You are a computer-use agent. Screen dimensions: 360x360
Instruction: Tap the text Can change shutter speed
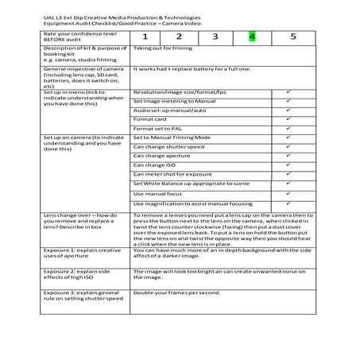click(x=169, y=147)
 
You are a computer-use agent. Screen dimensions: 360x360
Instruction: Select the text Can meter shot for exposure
click(x=172, y=174)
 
